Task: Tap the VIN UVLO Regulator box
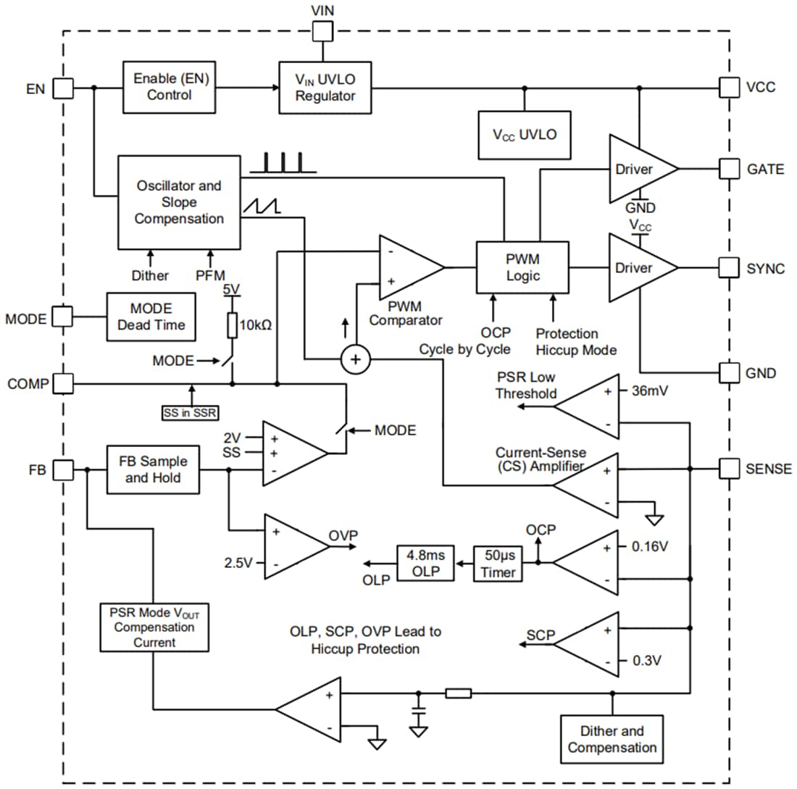325,88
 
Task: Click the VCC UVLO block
525,135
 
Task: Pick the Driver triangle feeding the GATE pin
638,169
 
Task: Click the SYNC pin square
728,267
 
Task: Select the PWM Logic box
522,267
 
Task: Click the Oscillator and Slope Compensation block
179,202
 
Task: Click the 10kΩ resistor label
256,325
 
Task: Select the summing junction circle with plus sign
355,359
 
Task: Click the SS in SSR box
191,414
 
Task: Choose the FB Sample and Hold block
153,469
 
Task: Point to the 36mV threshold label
649,391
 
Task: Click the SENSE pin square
728,469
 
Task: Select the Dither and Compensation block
612,738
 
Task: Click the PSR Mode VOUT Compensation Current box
154,627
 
